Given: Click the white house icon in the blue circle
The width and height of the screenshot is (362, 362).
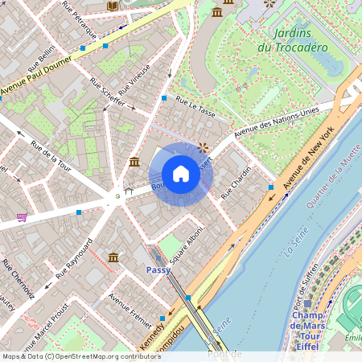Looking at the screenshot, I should (x=181, y=174).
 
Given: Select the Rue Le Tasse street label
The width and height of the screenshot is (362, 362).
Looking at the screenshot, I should (x=195, y=108).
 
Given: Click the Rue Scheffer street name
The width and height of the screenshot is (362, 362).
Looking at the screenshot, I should (x=107, y=92).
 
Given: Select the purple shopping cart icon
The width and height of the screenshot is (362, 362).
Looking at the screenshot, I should (x=22, y=217).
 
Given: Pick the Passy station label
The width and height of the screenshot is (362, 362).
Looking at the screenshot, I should (x=157, y=270).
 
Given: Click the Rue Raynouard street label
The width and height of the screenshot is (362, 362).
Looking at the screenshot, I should (x=75, y=258).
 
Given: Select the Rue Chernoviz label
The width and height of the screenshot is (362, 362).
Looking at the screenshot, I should (x=18, y=277).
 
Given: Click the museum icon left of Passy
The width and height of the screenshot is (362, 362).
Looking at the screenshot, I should (x=113, y=257).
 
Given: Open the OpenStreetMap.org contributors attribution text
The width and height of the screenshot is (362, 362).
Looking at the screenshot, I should (x=105, y=356).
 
